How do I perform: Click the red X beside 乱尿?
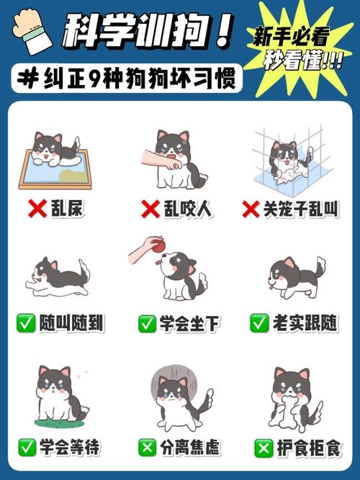tap(37, 209)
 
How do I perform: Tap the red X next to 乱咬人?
tap(150, 209)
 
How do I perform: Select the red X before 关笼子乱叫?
tap(251, 209)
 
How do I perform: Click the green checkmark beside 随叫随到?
tap(26, 323)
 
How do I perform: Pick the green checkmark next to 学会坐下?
tap(148, 324)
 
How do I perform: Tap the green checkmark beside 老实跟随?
tap(259, 323)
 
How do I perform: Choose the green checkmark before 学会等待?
tap(27, 447)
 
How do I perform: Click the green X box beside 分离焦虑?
tap(148, 447)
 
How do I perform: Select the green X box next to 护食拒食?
tap(264, 448)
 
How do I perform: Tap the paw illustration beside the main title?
tap(32, 31)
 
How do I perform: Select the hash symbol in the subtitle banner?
tap(27, 78)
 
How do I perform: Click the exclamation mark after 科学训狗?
tap(224, 31)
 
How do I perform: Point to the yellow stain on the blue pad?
tap(72, 176)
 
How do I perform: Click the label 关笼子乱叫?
tap(301, 209)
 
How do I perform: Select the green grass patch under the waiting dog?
tap(59, 422)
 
